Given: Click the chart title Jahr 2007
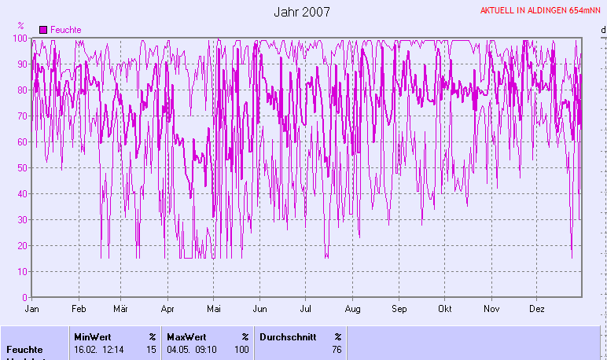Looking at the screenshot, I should pos(302,12).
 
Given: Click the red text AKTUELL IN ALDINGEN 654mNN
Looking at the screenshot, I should pos(543,11).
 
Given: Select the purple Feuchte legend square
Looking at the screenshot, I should pos(43,29).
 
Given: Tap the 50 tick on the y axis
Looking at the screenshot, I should pos(22,168).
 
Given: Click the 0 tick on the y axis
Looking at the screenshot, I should pos(24,298).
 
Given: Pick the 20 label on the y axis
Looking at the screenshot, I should pos(22,246).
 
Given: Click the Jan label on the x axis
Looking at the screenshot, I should pos(32,309).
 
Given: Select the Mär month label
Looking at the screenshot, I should pos(121,309).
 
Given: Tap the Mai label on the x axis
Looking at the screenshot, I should pos(214,309).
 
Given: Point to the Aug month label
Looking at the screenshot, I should pos(352,309).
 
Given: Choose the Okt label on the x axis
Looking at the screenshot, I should pos(445,309).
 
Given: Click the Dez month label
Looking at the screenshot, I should pos(537,309).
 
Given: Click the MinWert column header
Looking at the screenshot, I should pos(92,336).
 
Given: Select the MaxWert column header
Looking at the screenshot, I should pos(186,336).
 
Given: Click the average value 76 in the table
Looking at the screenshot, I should pos(337,350).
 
